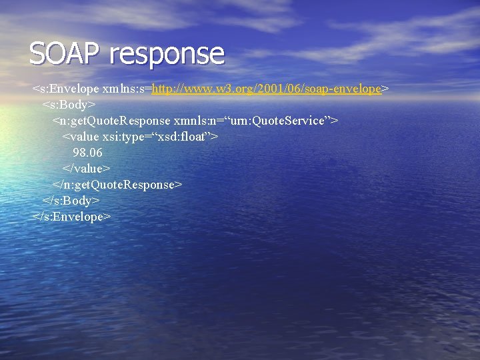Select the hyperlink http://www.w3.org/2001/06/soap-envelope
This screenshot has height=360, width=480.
(x=267, y=88)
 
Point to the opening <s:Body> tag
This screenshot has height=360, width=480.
(x=69, y=105)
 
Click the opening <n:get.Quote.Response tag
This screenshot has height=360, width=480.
(x=111, y=121)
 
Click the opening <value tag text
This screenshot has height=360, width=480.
(x=79, y=137)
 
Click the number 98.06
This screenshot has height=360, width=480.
(x=87, y=153)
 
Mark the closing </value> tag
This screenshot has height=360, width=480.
(x=86, y=169)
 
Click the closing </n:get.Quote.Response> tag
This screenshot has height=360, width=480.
(x=117, y=185)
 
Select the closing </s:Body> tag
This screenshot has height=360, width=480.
(x=71, y=201)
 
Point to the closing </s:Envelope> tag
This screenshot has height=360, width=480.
(x=71, y=217)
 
